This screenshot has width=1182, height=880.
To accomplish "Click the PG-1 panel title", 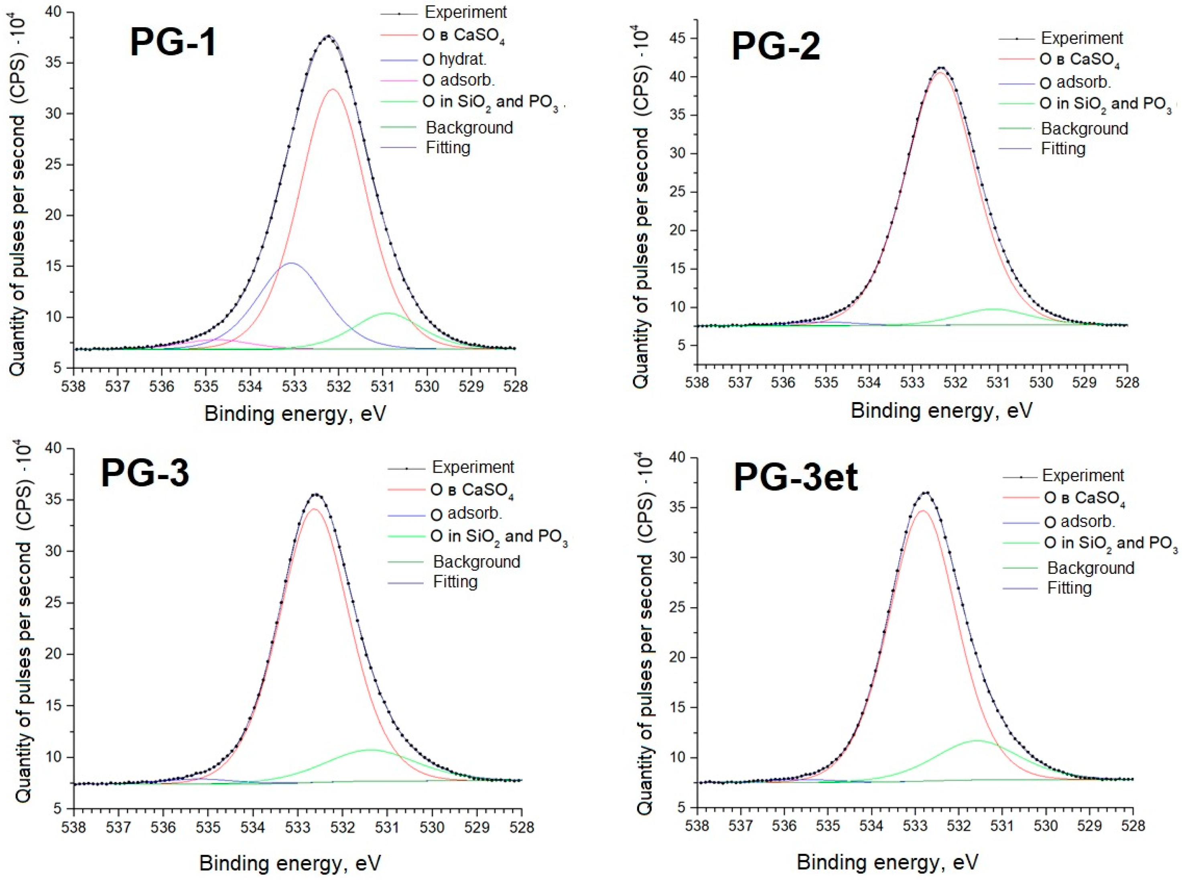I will click(173, 43).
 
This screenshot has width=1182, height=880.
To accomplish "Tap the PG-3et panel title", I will click(795, 477).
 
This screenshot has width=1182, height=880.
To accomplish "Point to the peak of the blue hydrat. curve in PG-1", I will click(291, 263).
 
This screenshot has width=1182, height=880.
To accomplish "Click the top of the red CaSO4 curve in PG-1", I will click(332, 89).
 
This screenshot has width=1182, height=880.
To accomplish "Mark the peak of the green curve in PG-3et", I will click(977, 740).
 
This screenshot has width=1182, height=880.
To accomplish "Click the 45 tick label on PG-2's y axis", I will click(678, 39).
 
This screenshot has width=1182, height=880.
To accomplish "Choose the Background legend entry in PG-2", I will click(1084, 128).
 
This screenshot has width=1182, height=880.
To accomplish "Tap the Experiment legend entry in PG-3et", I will click(1082, 475).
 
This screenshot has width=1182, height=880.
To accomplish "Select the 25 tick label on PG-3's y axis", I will click(53, 603).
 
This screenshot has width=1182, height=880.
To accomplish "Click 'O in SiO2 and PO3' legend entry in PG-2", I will click(1105, 104).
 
